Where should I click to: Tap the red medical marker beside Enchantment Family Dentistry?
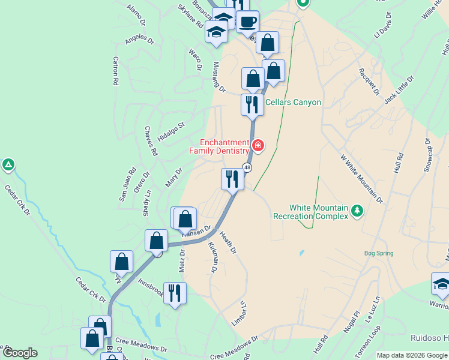click(258, 145)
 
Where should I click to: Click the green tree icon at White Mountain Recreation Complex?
click(357, 210)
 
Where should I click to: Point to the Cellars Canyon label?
click(293, 103)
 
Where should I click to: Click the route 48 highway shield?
click(247, 167)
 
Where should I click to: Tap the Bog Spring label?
click(379, 253)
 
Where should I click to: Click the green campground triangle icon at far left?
click(8, 164)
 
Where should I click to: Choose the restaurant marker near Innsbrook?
click(175, 293)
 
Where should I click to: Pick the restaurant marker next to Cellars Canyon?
click(252, 104)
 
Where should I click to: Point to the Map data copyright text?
click(412, 355)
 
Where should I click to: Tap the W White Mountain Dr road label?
click(361, 178)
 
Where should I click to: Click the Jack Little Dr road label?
click(399, 89)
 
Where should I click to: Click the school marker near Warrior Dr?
click(441, 284)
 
